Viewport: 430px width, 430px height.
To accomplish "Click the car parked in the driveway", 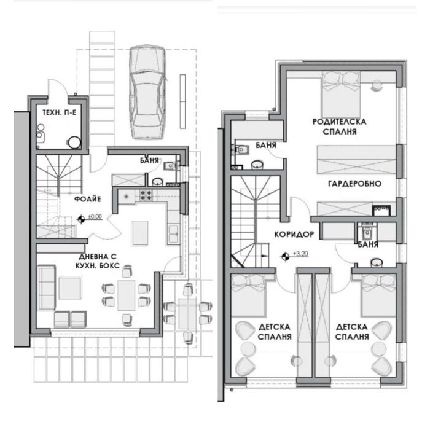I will (x=147, y=92).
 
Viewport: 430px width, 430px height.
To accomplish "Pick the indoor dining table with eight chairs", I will (x=127, y=294).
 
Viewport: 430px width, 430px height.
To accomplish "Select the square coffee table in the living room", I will (x=71, y=287).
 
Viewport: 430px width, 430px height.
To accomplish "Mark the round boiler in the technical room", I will (x=74, y=142).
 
